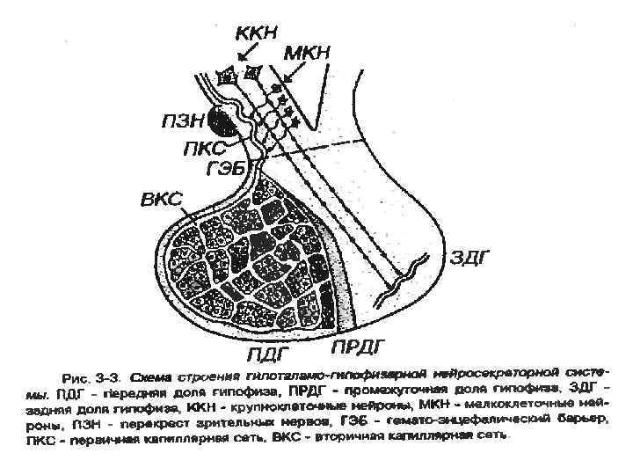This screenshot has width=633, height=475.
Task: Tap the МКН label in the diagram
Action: pos(306,54)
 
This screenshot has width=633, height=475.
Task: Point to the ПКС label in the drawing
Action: pos(204,147)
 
